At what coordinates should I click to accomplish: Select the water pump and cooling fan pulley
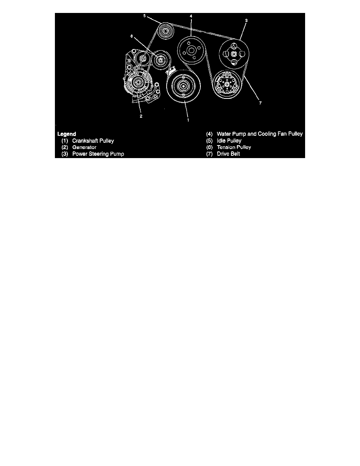(191, 50)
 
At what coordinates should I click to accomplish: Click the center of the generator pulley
(137, 82)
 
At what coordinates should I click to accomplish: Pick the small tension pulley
(160, 60)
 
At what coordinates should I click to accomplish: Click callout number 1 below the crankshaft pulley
(187, 120)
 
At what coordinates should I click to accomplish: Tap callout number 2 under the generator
(141, 116)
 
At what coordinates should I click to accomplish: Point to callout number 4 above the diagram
(191, 16)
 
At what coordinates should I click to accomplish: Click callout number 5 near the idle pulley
(144, 16)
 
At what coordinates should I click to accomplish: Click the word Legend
(67, 134)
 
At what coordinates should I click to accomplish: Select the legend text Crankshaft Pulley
(93, 140)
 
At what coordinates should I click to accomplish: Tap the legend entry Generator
(84, 147)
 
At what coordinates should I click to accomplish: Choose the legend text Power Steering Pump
(98, 154)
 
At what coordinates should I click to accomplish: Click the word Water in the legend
(224, 134)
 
